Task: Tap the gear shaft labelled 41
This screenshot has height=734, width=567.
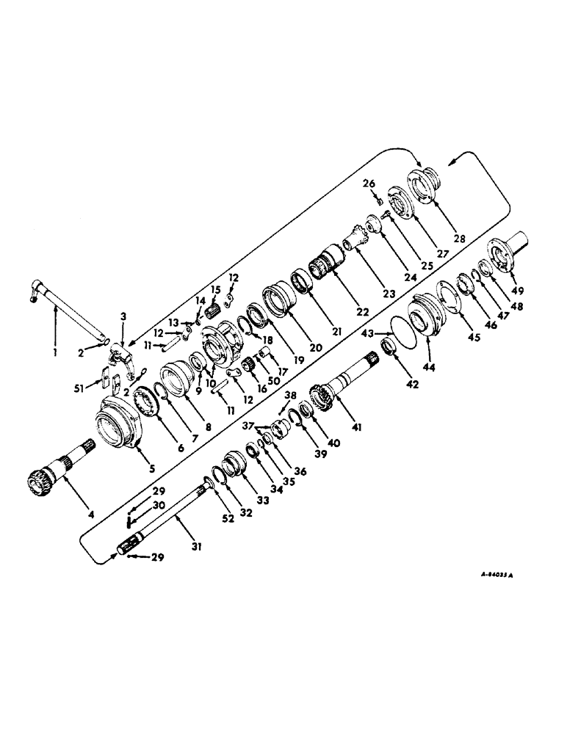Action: pyautogui.click(x=345, y=378)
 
